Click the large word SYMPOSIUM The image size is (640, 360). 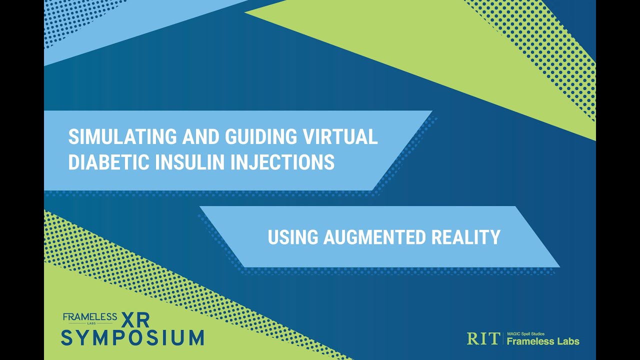click(132, 337)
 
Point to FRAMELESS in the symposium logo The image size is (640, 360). click(90, 316)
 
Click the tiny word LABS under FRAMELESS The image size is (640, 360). click(90, 323)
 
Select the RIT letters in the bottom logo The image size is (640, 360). click(482, 338)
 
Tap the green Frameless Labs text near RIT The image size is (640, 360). click(542, 341)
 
